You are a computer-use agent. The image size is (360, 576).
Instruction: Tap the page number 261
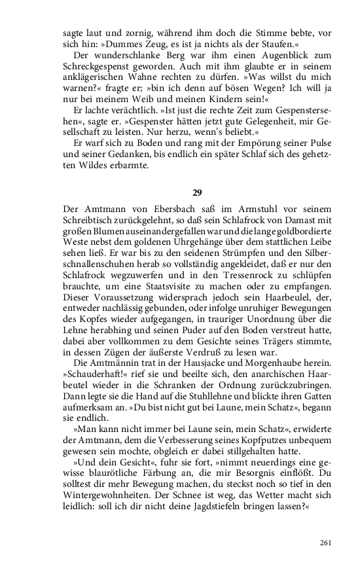327,543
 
